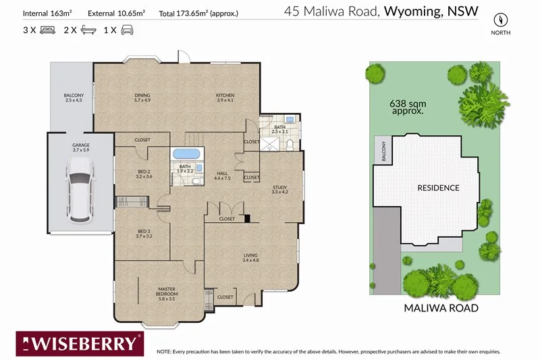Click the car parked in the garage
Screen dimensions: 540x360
(80, 190)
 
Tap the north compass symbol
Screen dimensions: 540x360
(500, 20)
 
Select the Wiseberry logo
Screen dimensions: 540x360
(80, 344)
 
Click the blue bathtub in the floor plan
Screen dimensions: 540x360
(186, 153)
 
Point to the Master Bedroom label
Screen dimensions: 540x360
(167, 294)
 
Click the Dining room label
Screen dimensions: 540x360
(142, 97)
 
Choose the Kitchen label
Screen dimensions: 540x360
(225, 97)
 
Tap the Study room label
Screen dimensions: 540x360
(279, 190)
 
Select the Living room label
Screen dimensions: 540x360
(250, 258)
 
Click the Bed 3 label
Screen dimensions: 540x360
(144, 234)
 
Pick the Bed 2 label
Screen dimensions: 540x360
(144, 174)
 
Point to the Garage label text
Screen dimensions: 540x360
(81, 147)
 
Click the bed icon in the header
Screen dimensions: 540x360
(47, 30)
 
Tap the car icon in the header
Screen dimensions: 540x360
(127, 30)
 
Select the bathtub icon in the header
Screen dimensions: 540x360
(88, 30)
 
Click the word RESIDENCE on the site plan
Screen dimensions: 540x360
(438, 188)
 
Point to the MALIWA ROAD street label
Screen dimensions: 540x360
(441, 308)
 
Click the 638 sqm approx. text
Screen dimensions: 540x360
(408, 107)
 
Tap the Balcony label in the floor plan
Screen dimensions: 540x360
(74, 97)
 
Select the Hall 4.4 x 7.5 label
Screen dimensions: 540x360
(222, 176)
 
